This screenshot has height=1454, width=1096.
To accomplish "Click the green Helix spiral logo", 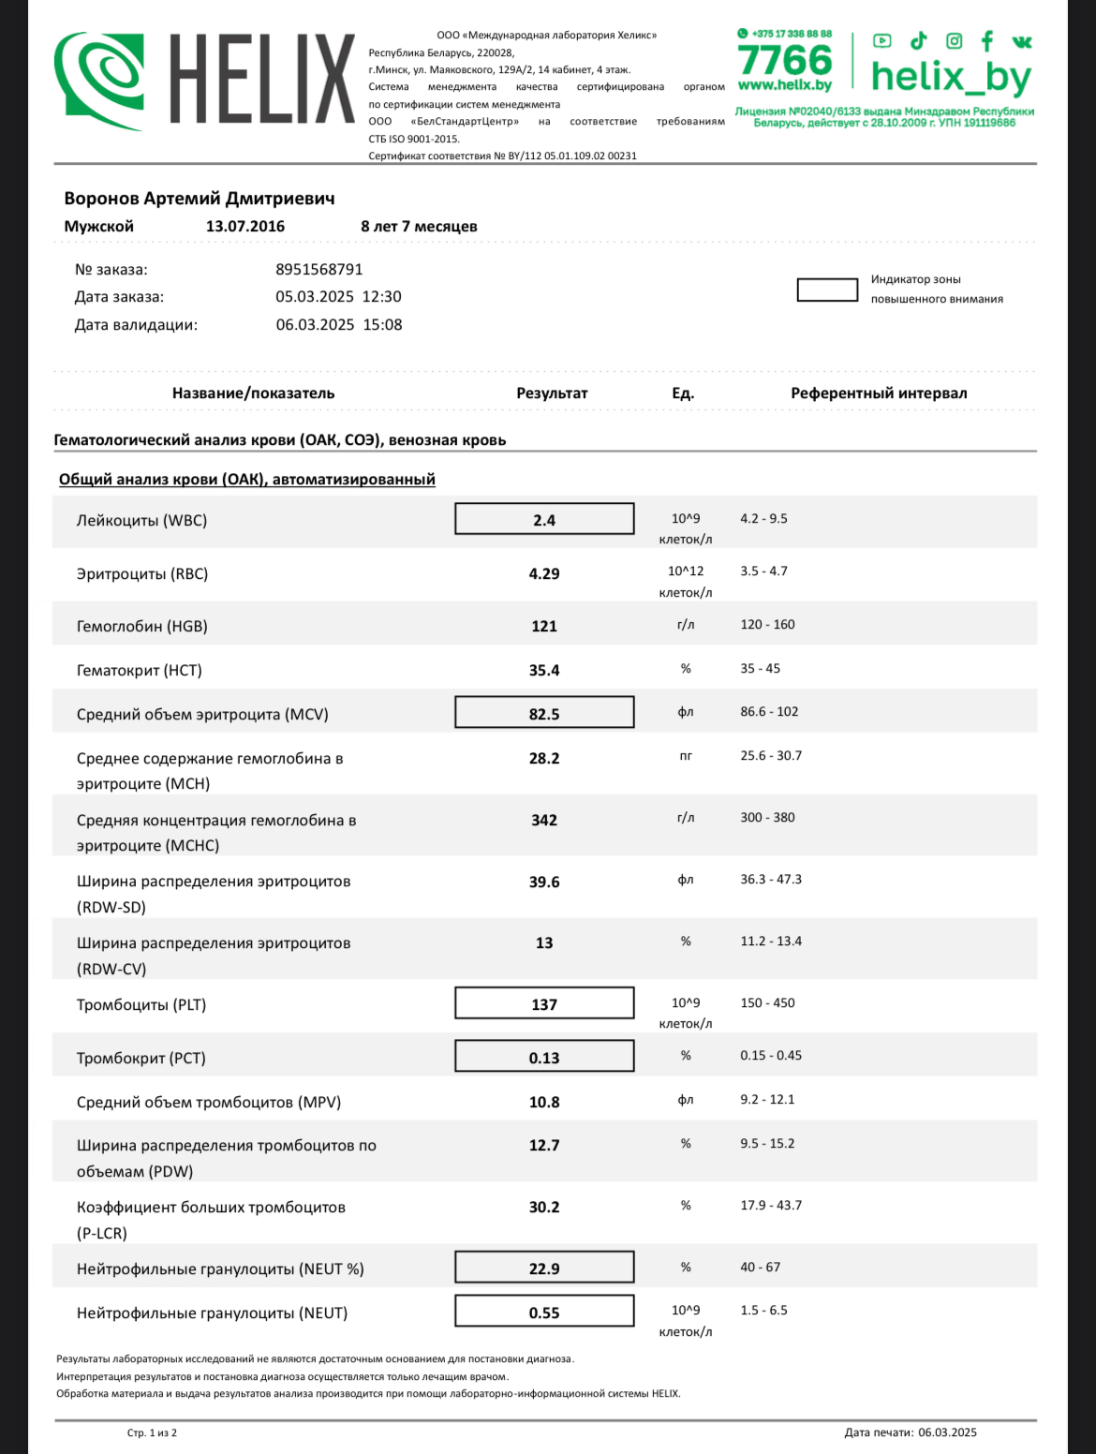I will click(x=99, y=81).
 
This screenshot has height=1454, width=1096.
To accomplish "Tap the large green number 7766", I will click(x=784, y=60).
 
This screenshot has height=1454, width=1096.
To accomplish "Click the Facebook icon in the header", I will click(x=986, y=40).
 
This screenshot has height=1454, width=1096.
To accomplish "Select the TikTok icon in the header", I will click(x=918, y=40).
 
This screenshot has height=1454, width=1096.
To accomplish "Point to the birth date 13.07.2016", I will click(x=245, y=227).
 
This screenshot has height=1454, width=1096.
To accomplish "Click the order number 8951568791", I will click(x=318, y=270).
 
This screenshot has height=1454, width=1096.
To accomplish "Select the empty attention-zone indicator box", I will click(x=827, y=289).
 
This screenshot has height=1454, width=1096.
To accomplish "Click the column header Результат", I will click(x=552, y=393).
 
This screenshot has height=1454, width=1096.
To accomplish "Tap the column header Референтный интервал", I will click(x=879, y=393).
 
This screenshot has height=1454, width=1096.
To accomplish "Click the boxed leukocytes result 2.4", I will click(x=544, y=520).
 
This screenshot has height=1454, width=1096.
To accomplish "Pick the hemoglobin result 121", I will click(x=544, y=627).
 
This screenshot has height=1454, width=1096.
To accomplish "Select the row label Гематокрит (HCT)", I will click(x=139, y=671).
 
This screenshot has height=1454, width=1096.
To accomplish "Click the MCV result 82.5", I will click(x=544, y=714).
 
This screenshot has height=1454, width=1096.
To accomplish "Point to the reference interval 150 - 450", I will click(x=767, y=1003).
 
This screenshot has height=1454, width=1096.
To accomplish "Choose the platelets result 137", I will click(x=544, y=1004).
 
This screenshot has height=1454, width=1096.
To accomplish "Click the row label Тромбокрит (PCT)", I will click(x=141, y=1059).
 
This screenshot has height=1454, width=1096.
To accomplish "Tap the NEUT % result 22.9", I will click(x=544, y=1269).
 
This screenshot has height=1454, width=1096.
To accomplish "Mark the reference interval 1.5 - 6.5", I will click(x=763, y=1311).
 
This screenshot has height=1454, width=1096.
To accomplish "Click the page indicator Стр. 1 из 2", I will click(x=152, y=1432).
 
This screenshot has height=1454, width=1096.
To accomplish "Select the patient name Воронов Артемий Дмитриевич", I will click(x=199, y=199).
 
